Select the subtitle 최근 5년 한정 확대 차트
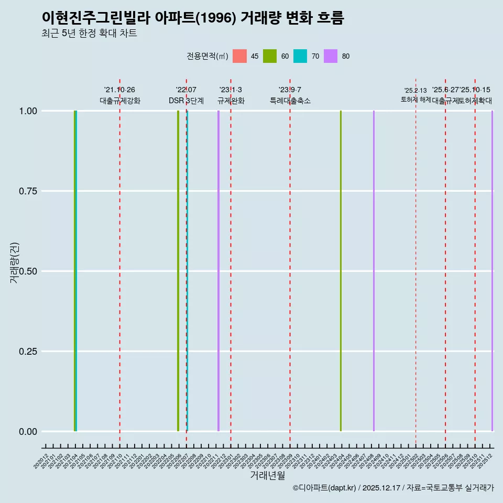(89, 34)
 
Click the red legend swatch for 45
(239, 56)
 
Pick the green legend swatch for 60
(270, 56)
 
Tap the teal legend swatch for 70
(300, 56)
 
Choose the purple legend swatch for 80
(331, 56)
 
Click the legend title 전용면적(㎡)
(207, 56)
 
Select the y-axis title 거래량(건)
(15, 263)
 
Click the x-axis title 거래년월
(267, 476)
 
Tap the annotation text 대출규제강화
(119, 101)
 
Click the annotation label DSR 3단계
(186, 101)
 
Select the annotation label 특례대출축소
(290, 101)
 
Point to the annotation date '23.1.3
(231, 90)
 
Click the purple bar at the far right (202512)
(492, 271)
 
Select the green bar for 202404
(341, 271)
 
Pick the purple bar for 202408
(374, 271)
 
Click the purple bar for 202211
(218, 271)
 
